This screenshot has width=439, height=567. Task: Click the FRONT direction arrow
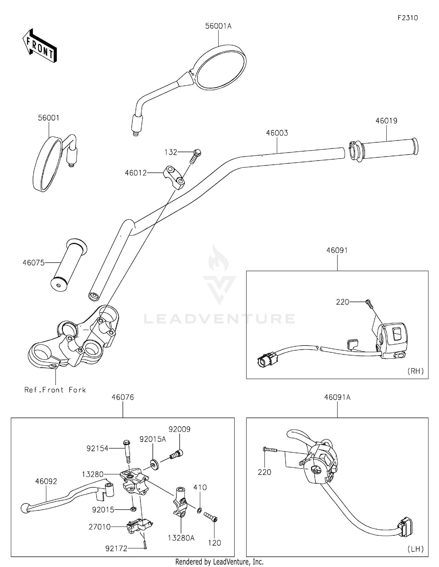pos(40,46)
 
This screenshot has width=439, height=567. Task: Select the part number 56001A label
pos(218,26)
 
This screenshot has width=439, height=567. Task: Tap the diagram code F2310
pos(407,18)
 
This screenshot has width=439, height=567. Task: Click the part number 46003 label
pos(277,133)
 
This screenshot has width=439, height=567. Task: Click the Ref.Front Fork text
pos(55,390)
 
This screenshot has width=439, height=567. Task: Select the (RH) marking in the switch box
pos(415,371)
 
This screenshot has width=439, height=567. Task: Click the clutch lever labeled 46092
pos(61,498)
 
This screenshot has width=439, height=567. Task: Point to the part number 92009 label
pos(179,429)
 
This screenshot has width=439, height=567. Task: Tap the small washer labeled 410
pos(199,511)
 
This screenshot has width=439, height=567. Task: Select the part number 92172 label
pos(116,549)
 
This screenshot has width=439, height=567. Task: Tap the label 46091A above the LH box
pos(337,397)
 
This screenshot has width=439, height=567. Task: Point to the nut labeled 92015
pos(132,509)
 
